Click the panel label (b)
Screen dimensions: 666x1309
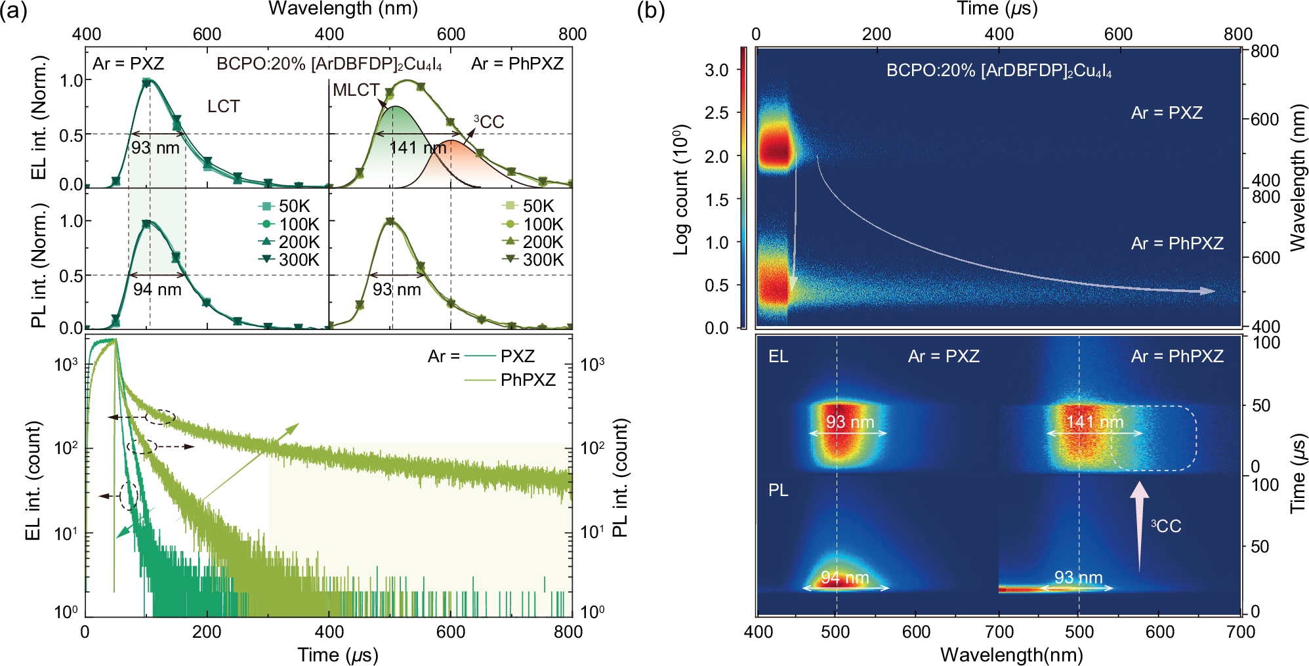pyautogui.click(x=651, y=11)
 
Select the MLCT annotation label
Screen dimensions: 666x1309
pyautogui.click(x=356, y=90)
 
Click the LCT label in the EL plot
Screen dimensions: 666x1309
pyautogui.click(x=223, y=106)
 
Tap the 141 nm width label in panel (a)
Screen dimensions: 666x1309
pyautogui.click(x=417, y=148)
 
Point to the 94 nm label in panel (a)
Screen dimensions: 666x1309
pyautogui.click(x=157, y=289)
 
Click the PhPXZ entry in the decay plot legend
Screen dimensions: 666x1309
pyautogui.click(x=528, y=380)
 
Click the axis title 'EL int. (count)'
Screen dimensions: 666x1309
pyautogui.click(x=33, y=481)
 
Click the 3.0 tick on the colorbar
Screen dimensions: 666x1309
pyautogui.click(x=717, y=70)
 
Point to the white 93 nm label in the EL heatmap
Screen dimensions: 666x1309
pyautogui.click(x=849, y=422)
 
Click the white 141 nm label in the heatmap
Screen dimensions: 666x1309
pyautogui.click(x=1094, y=422)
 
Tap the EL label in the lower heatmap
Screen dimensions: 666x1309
pyautogui.click(x=778, y=356)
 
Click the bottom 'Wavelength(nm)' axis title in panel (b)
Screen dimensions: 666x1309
pyautogui.click(x=1011, y=654)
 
